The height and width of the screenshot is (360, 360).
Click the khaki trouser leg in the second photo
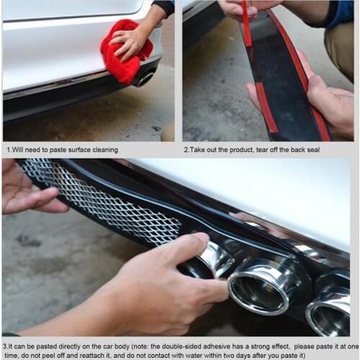point(338,50)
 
